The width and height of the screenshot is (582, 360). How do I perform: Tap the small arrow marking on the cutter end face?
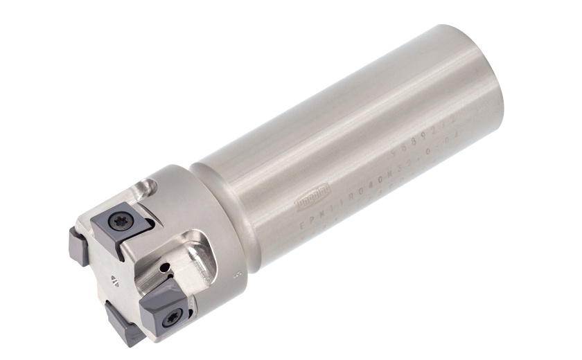[115, 280]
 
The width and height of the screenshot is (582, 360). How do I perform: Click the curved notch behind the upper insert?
[149, 187]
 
